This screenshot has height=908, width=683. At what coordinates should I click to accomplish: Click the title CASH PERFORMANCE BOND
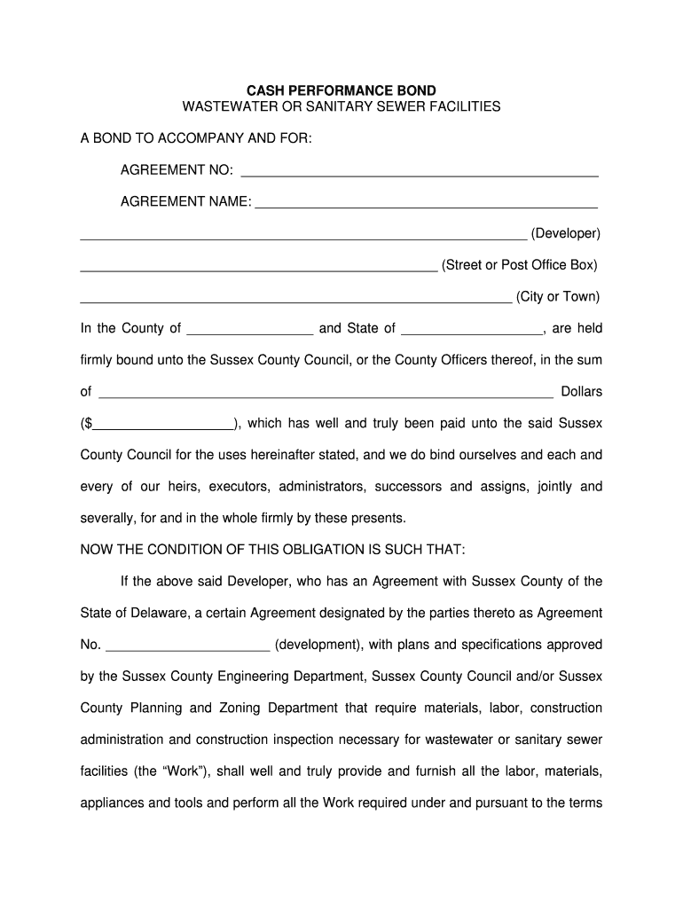point(341,90)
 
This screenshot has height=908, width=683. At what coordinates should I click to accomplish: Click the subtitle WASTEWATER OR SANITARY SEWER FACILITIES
point(341,106)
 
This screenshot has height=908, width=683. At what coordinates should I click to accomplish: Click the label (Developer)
point(566,233)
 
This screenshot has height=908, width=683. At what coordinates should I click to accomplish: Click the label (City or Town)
point(558,296)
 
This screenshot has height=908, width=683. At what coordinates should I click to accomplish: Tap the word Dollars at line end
point(581,391)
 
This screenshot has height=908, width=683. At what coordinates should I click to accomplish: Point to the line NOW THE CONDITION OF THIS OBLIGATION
point(272,549)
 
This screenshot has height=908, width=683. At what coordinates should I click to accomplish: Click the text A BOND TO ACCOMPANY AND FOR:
point(196,139)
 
